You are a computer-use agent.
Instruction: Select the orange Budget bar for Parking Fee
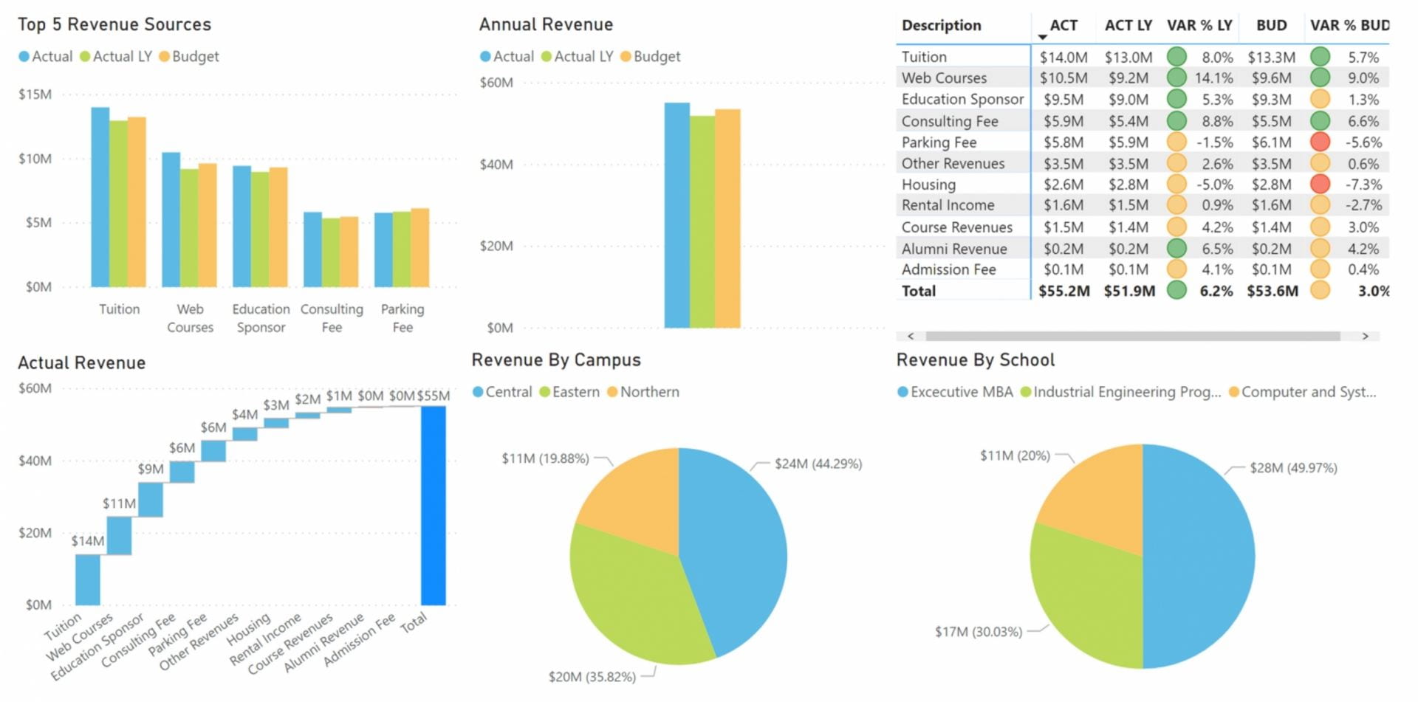[x=419, y=248]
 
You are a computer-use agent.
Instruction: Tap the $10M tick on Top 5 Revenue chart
[x=35, y=159]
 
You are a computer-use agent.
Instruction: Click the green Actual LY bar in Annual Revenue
[x=702, y=221]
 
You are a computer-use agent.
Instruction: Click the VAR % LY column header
[x=1199, y=25]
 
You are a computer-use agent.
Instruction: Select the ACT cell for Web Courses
[x=1063, y=78]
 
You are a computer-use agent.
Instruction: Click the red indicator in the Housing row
[x=1320, y=185]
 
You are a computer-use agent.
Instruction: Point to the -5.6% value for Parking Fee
[x=1363, y=142]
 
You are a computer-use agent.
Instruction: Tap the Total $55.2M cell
[x=1063, y=291]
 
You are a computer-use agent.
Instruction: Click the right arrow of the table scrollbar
[x=1365, y=337]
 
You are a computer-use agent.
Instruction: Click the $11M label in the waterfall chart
[x=119, y=504]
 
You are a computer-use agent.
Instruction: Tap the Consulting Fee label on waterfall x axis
[x=139, y=640]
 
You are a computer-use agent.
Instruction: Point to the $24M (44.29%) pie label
[x=818, y=464]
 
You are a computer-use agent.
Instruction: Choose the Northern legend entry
[x=648, y=392]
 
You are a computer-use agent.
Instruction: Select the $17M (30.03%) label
[x=978, y=632]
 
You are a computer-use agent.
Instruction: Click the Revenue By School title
[x=975, y=360]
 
